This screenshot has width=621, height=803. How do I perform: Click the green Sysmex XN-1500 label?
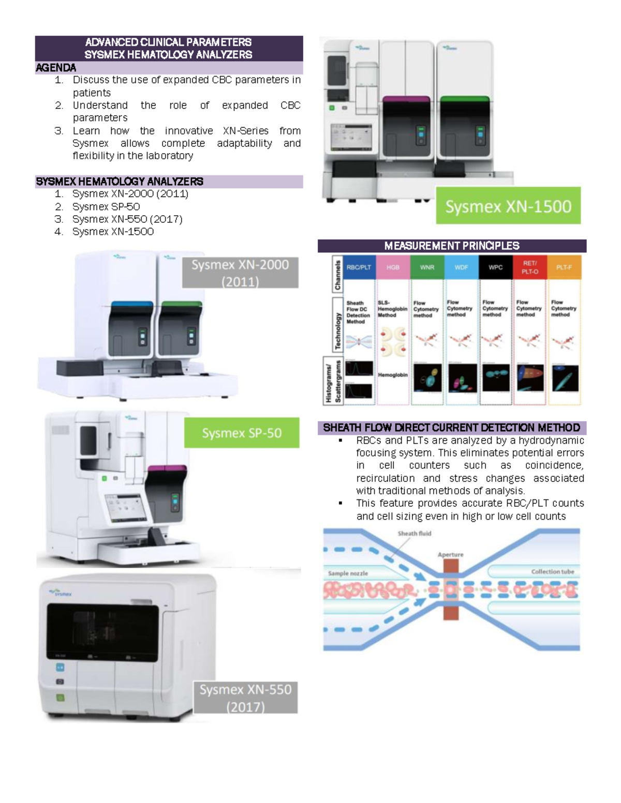[x=508, y=206]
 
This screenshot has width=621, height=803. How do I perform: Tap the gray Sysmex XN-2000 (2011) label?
[x=240, y=273]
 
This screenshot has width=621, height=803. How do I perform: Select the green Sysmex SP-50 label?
[x=242, y=433]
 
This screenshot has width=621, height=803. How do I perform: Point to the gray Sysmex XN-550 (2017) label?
[x=245, y=698]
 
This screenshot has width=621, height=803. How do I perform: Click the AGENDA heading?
[x=56, y=68]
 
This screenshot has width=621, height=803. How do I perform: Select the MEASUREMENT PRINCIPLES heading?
[x=451, y=246]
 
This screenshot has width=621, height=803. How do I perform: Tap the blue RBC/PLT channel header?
[x=359, y=267]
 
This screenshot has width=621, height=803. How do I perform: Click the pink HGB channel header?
[x=393, y=267]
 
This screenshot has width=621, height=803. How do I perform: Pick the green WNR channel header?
[x=427, y=267]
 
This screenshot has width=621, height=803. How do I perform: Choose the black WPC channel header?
[x=495, y=267]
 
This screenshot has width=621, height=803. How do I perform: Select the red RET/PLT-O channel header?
[x=529, y=267]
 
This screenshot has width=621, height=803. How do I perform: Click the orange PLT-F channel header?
[x=564, y=267]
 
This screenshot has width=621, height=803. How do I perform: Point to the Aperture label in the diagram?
[x=450, y=555]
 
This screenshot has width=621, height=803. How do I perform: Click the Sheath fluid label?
[x=414, y=534]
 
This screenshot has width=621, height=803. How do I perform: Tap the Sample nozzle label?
[x=348, y=573]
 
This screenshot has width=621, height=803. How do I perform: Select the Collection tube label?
[x=552, y=572]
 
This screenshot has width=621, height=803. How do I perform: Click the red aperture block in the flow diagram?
[x=451, y=589]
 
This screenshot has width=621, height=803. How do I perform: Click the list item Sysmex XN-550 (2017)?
[x=127, y=219]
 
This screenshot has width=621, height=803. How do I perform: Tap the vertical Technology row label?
[x=337, y=324]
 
